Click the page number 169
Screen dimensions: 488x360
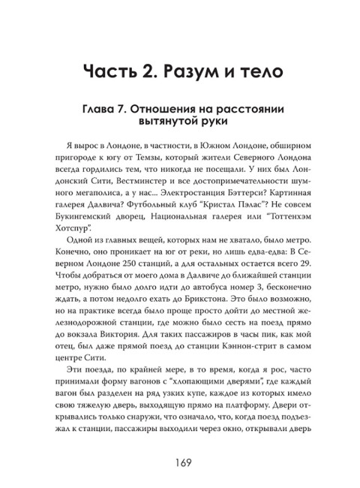[x=180, y=439]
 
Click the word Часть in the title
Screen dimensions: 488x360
[x=112, y=74]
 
